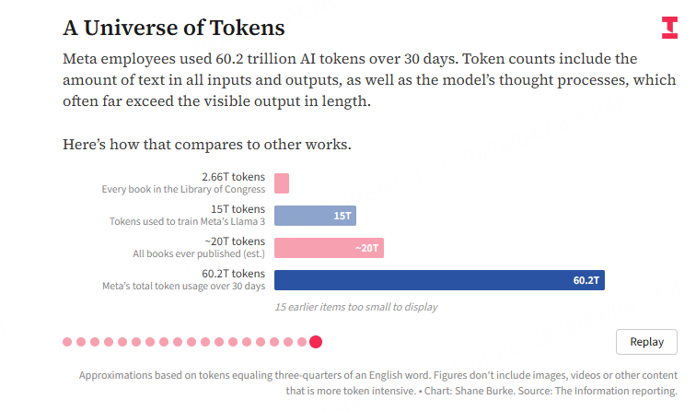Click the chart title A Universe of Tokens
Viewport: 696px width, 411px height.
(x=173, y=28)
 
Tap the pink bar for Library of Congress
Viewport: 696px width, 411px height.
(x=282, y=183)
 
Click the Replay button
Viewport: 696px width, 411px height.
(x=646, y=342)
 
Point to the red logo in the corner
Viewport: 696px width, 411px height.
(x=669, y=28)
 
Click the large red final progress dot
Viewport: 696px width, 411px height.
(x=316, y=342)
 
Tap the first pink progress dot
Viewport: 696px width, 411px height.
(x=67, y=342)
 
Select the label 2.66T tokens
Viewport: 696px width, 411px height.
(x=233, y=177)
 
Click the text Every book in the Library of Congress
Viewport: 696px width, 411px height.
(x=183, y=190)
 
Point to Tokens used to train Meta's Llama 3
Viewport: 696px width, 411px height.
(x=187, y=222)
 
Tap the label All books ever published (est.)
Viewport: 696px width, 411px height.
(x=199, y=253)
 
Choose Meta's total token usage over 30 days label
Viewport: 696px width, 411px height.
(x=183, y=287)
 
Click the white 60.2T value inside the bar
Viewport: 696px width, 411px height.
(x=586, y=280)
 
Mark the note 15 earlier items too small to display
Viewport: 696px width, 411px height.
(x=356, y=307)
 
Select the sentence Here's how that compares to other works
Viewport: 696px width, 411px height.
(x=207, y=145)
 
